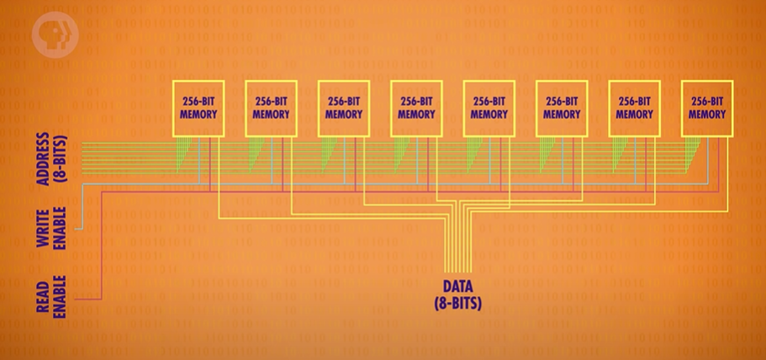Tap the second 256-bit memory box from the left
click(271, 108)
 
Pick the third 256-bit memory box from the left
click(343, 108)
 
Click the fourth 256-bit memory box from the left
click(416, 108)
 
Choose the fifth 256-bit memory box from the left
click(489, 108)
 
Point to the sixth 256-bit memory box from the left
click(561, 108)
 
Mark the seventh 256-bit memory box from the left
click(634, 108)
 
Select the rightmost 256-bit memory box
click(707, 108)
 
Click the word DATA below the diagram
click(457, 286)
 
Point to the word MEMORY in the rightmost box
click(707, 114)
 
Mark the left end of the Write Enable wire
click(77, 228)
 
